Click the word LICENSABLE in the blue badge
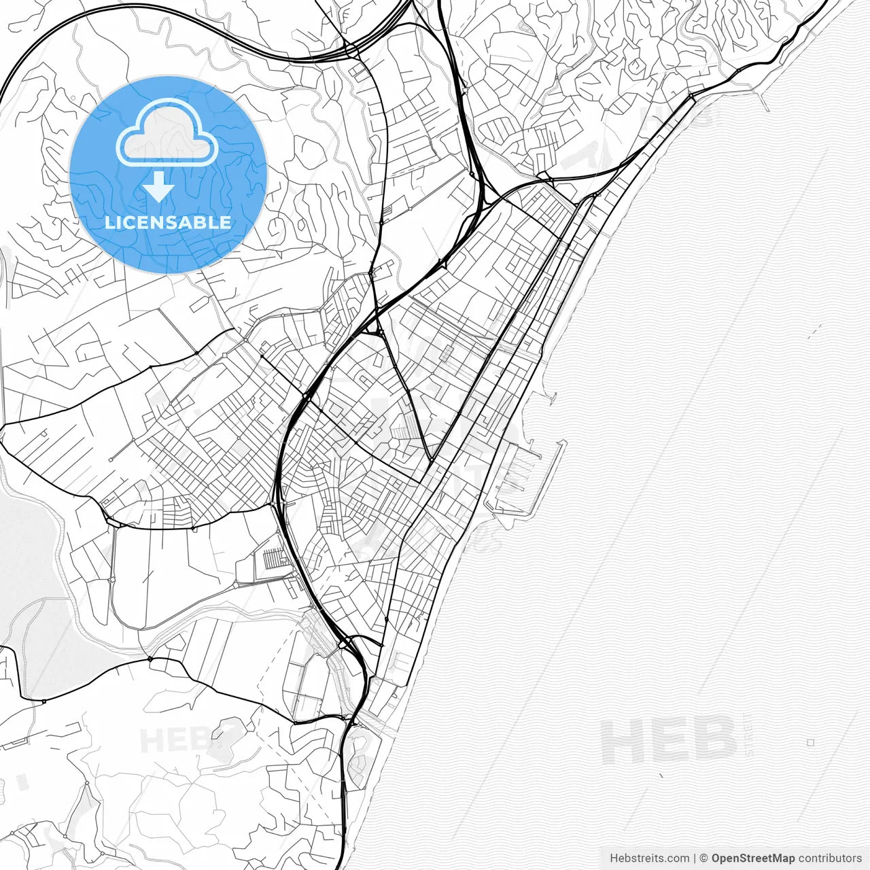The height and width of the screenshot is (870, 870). click(168, 222)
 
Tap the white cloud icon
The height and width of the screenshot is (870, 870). click(167, 133)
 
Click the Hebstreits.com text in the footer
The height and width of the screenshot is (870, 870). click(648, 858)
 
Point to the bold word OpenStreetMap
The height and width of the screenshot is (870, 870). click(753, 858)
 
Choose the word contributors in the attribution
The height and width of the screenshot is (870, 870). click(830, 858)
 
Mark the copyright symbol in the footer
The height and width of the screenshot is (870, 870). click(704, 858)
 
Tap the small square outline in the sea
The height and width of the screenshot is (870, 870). click(810, 743)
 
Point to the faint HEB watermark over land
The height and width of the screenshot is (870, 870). click(170, 739)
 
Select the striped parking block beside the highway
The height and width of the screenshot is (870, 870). click(276, 559)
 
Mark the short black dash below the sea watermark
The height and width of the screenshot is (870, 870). click(661, 775)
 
